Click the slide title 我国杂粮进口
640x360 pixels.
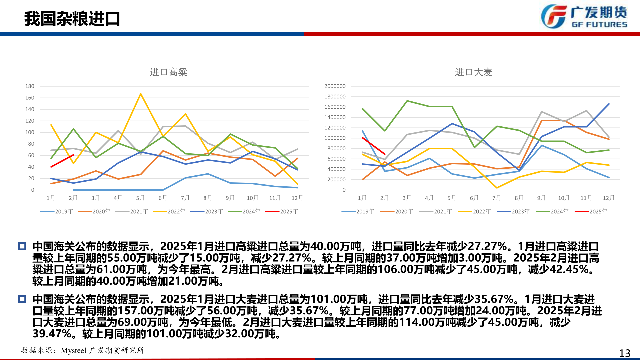[x=72, y=19]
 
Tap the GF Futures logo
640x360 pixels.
[x=583, y=16]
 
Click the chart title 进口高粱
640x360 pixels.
[x=168, y=72]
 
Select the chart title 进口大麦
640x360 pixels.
[x=473, y=72]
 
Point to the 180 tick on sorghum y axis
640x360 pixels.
[x=30, y=86]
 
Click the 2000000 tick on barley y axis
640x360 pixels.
[x=335, y=86]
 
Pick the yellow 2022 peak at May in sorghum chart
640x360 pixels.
[x=141, y=94]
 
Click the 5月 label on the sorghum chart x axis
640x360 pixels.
[x=140, y=198]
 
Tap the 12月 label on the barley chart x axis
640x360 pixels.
[x=608, y=198]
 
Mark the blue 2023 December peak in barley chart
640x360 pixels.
[x=609, y=104]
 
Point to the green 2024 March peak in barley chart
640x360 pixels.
[x=407, y=101]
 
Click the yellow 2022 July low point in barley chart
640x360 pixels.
[x=497, y=188]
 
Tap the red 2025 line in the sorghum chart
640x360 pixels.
[x=62, y=161]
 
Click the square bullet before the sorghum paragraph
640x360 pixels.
[x=22, y=246]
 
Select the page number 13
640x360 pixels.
[x=624, y=353]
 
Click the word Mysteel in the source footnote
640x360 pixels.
[x=73, y=350]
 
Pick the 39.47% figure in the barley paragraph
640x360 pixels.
[x=52, y=334]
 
